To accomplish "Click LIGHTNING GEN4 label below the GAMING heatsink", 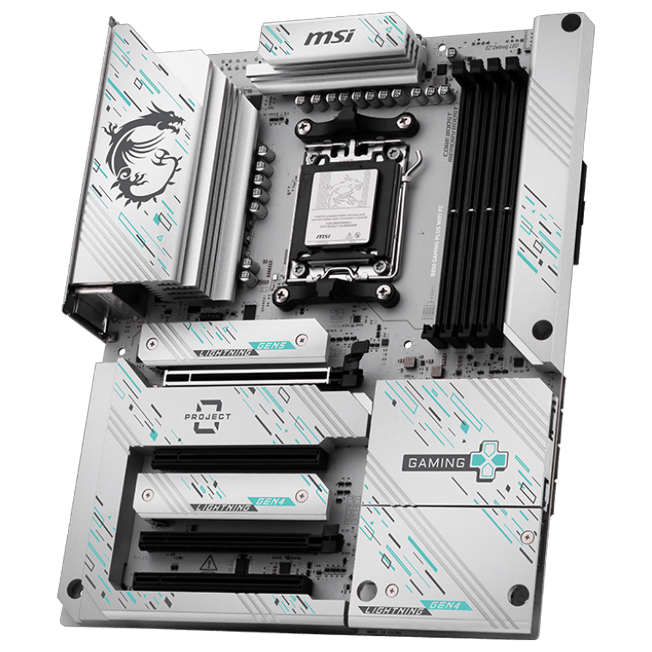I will coord(414,608).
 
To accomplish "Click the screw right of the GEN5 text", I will coord(302,339).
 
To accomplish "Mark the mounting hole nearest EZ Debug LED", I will coord(571,23).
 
